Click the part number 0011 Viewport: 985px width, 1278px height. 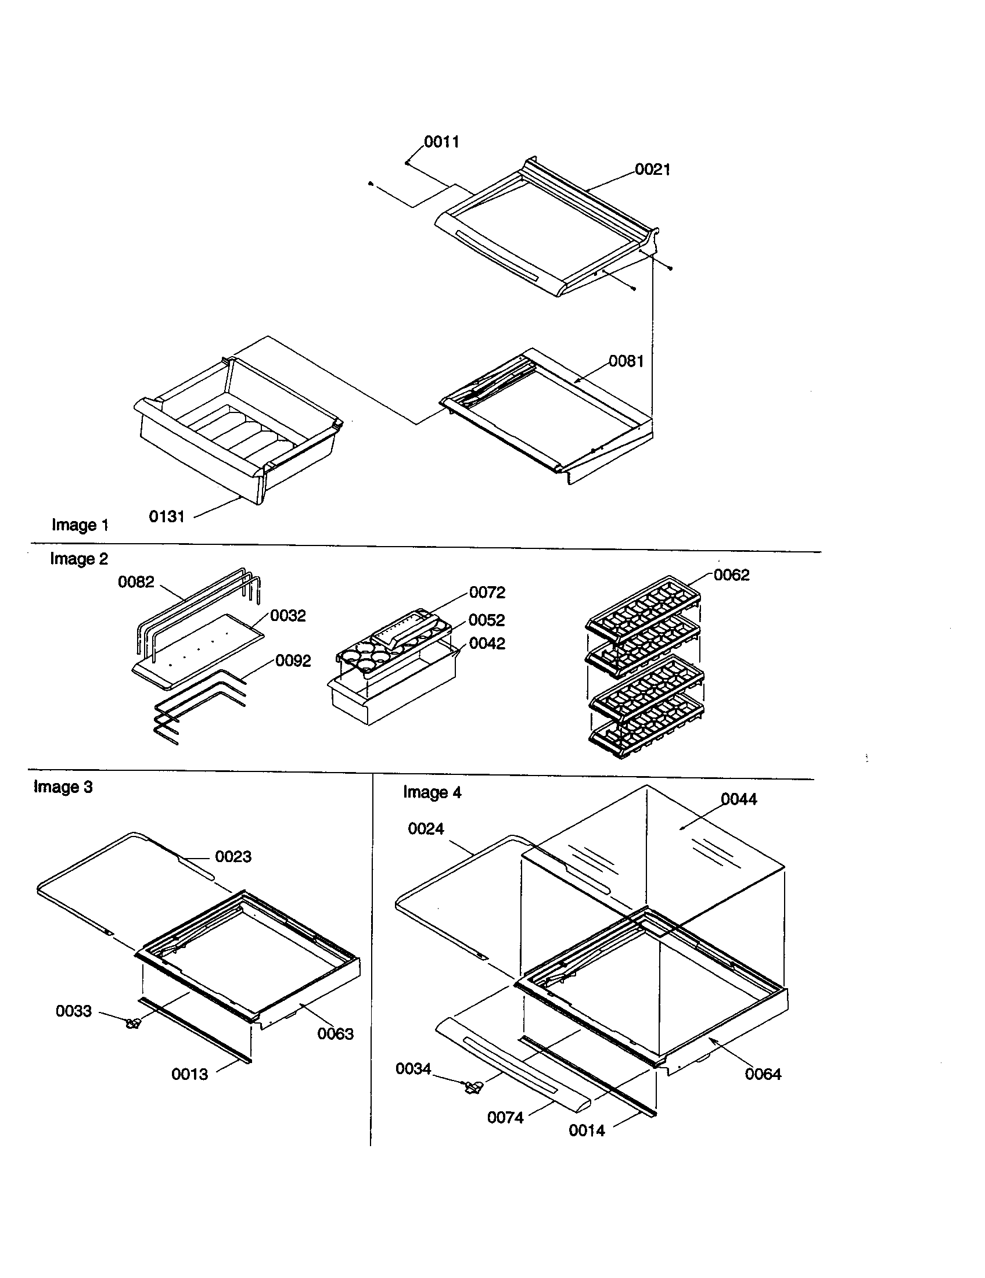point(441,142)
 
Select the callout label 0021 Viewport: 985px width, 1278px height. point(652,170)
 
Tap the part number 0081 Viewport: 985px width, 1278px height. point(626,361)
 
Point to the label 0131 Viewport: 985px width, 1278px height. point(167,516)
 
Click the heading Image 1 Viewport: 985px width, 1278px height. point(80,525)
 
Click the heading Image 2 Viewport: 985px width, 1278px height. point(79,559)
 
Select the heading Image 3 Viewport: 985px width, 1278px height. point(63,787)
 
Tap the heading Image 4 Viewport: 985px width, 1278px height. point(432,792)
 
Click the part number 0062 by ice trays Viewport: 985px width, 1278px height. point(731,575)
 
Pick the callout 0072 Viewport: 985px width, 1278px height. point(487,593)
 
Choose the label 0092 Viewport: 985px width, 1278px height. point(293,661)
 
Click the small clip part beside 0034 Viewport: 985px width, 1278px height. point(473,1087)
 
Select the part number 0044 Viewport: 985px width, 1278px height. point(738,799)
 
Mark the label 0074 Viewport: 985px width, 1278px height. point(505,1118)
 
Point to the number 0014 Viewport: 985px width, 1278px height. point(587,1130)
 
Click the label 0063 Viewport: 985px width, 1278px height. point(335,1034)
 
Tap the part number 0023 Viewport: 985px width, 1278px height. point(233,857)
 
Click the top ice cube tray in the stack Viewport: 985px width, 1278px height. point(644,609)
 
